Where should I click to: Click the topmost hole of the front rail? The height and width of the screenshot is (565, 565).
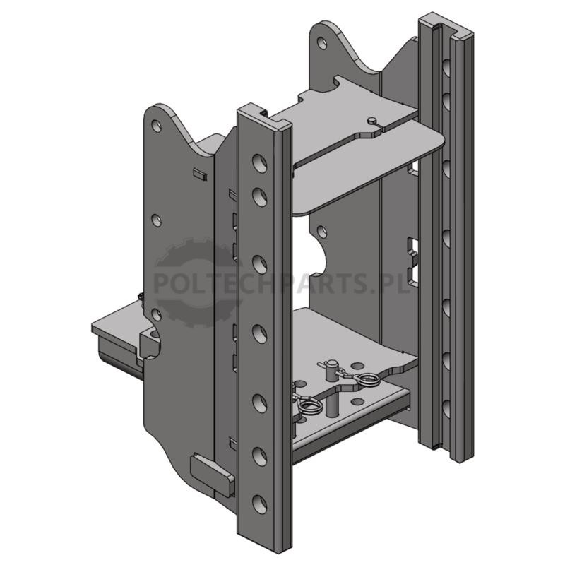[259, 163]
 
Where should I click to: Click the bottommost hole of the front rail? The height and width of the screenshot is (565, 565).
[259, 504]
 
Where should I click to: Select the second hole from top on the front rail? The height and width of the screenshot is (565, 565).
[259, 196]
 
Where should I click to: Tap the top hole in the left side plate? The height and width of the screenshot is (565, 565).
[156, 126]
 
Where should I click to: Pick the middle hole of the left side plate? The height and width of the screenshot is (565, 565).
[156, 220]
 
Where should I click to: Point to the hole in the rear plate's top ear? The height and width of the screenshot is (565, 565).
[321, 42]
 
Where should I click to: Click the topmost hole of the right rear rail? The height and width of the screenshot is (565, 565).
[446, 66]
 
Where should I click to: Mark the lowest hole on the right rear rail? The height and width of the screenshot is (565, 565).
[446, 409]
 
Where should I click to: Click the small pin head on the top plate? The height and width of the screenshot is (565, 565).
[373, 119]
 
